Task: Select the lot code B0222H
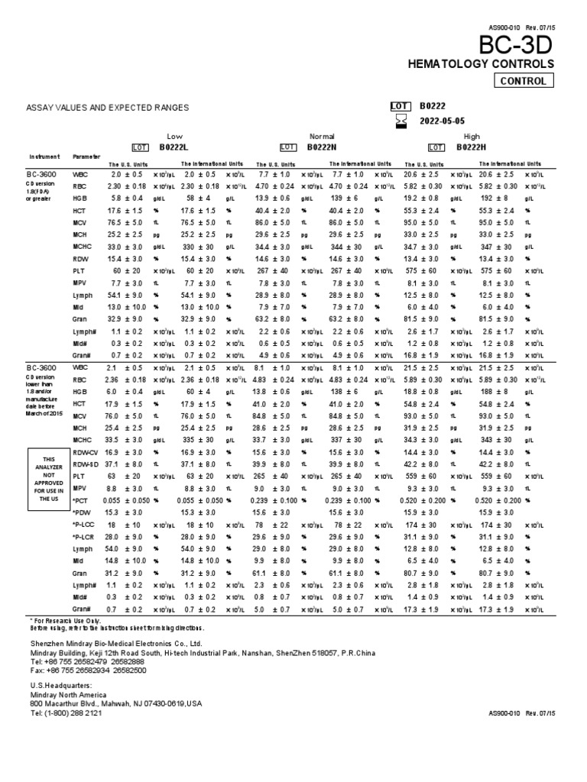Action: [x=473, y=147]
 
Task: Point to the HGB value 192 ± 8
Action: [x=497, y=197]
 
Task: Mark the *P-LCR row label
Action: [x=83, y=537]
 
